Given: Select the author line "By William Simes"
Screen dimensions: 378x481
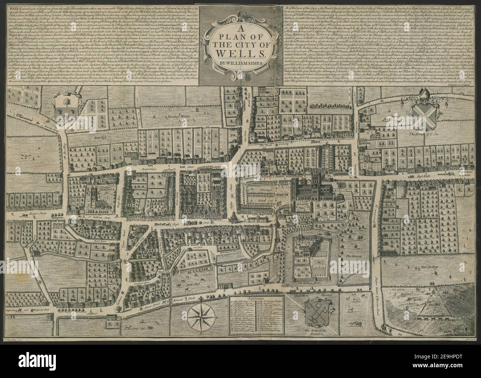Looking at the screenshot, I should [240, 62].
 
